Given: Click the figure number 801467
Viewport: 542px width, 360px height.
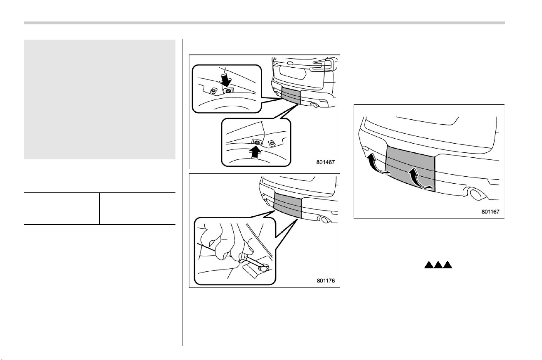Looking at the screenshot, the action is tap(325, 162).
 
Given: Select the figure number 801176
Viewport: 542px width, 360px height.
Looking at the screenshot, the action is tap(326, 281).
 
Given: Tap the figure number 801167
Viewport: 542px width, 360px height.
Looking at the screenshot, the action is tap(490, 212).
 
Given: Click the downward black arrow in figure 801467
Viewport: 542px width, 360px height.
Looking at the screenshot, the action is tap(226, 81).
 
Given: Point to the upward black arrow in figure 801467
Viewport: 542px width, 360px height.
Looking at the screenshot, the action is tap(255, 152).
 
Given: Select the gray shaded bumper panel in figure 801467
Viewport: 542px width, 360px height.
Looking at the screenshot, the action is tap(291, 95).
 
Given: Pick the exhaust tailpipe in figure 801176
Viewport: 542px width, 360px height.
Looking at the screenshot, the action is tap(324, 219).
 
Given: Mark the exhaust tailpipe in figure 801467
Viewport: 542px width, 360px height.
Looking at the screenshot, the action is tap(315, 105).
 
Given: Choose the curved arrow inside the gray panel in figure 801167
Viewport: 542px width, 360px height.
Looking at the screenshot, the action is tap(418, 178).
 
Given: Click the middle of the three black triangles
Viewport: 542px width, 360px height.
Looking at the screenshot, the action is tap(438, 265).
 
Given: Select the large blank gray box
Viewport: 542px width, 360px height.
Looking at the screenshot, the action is tap(99, 99).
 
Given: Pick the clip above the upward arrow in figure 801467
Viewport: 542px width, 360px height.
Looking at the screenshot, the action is tap(257, 142).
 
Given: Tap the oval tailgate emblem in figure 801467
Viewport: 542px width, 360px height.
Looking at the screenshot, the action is tap(290, 64).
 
